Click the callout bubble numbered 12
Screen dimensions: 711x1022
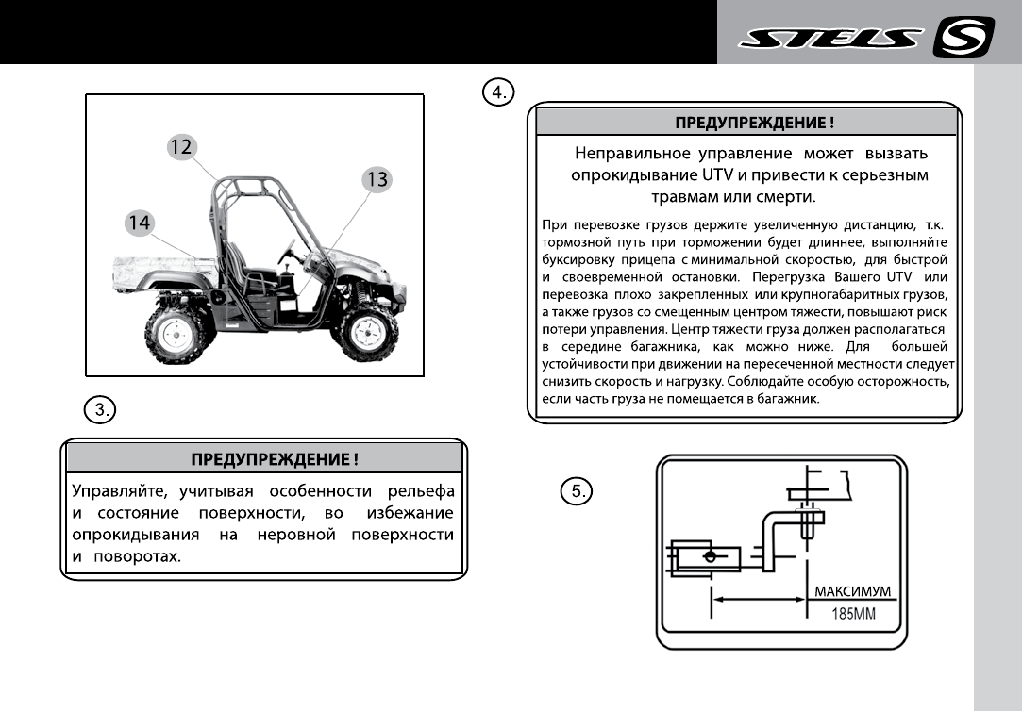[x=181, y=146]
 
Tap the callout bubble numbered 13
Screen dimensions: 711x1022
[x=377, y=180]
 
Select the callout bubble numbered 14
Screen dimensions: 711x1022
[x=140, y=223]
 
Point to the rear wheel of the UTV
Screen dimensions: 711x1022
[x=174, y=334]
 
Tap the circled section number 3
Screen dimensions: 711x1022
[x=99, y=409]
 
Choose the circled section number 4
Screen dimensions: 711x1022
[x=497, y=91]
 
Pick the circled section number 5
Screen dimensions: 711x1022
[x=576, y=490]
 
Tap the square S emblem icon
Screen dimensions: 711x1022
[x=962, y=38]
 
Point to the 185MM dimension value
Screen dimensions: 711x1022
[x=853, y=614]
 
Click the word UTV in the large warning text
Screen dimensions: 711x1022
[x=719, y=175]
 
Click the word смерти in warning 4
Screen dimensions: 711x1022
[x=786, y=197]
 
